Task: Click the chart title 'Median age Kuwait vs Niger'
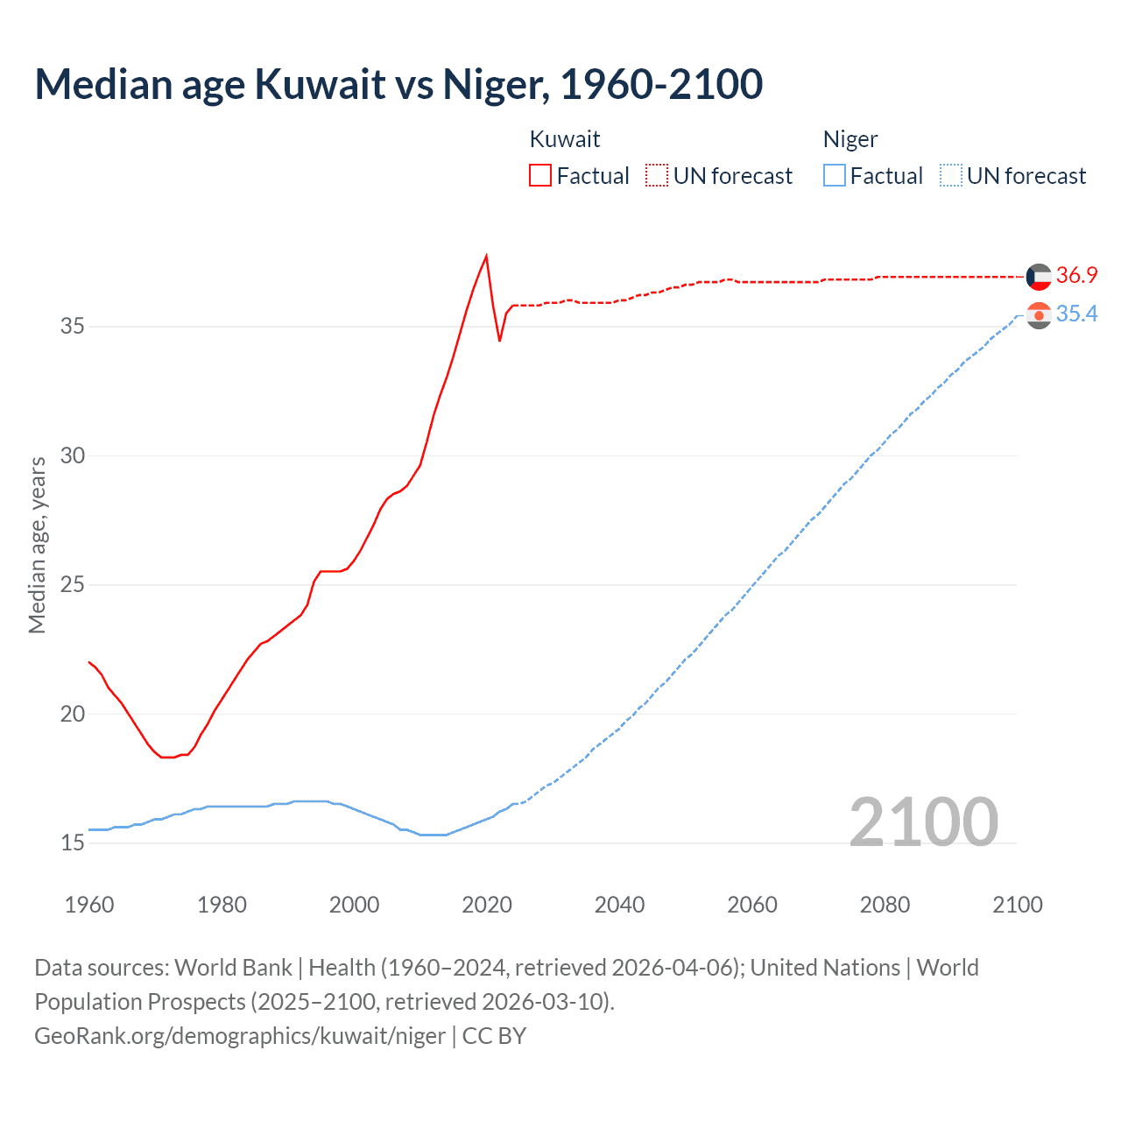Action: click(398, 84)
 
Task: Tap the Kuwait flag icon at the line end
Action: click(1039, 277)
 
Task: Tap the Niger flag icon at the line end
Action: click(1039, 315)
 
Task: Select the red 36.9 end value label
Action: click(1076, 275)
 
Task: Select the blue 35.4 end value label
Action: click(1076, 314)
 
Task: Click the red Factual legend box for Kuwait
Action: click(540, 175)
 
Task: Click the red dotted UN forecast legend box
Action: click(657, 175)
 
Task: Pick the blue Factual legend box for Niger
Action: click(835, 175)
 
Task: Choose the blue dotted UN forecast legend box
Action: click(951, 175)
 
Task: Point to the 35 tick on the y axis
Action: click(73, 327)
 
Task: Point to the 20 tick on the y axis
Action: click(73, 714)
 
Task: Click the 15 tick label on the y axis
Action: click(73, 843)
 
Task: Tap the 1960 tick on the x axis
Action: click(89, 905)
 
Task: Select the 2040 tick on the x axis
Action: click(619, 905)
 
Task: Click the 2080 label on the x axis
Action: click(885, 905)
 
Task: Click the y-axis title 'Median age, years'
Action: click(37, 545)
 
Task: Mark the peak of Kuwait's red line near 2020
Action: click(486, 256)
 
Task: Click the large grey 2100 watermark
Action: click(924, 821)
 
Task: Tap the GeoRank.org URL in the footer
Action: click(240, 1036)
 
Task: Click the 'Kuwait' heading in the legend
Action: click(565, 139)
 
